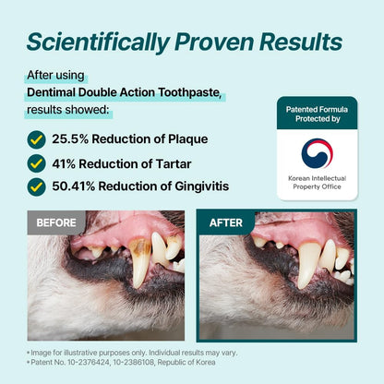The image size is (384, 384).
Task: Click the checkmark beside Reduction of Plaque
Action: (x=36, y=139)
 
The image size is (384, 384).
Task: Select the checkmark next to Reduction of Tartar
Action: (x=36, y=162)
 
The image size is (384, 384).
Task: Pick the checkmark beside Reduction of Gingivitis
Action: (x=36, y=186)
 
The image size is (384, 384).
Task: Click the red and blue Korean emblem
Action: (x=317, y=153)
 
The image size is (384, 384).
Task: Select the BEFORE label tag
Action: (x=56, y=222)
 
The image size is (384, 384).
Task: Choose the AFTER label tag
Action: (x=226, y=222)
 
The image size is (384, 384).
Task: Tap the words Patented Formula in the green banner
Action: (x=317, y=109)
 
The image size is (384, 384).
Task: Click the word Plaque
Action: (x=184, y=139)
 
